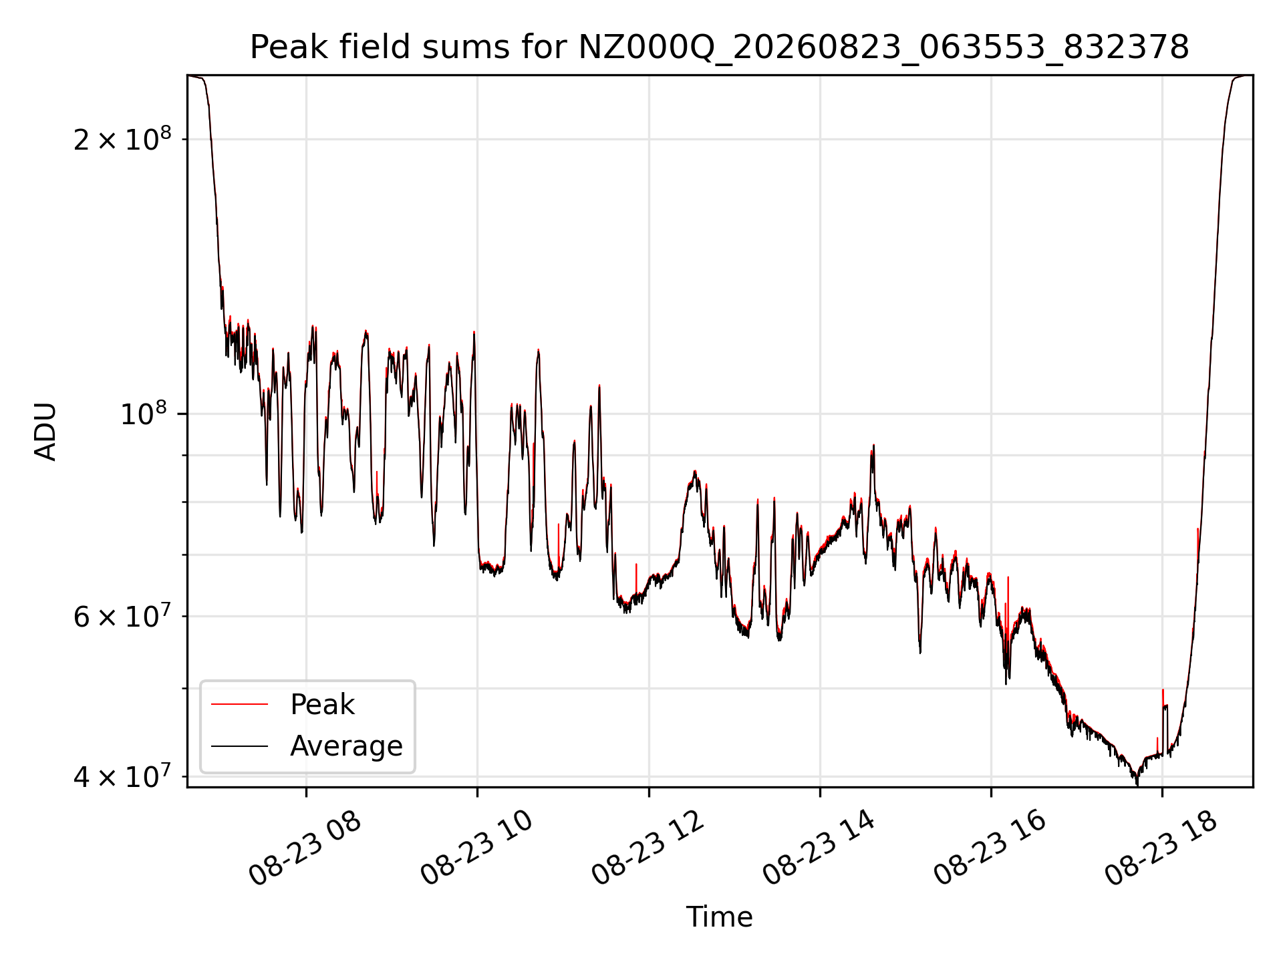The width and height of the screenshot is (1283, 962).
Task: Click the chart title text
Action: [719, 47]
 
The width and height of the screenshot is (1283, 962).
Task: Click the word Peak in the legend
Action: [322, 705]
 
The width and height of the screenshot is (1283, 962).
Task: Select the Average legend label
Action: [346, 746]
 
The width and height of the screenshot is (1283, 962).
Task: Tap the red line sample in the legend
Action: [239, 705]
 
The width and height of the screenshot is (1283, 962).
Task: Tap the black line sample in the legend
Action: [239, 746]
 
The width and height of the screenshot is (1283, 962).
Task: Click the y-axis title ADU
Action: [45, 432]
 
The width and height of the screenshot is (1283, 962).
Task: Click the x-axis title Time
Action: [719, 917]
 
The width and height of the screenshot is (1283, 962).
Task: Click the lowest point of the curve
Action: [1137, 784]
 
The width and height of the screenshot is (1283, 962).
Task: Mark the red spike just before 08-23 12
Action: [636, 579]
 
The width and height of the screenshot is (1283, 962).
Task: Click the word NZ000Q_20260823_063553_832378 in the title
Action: [883, 47]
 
